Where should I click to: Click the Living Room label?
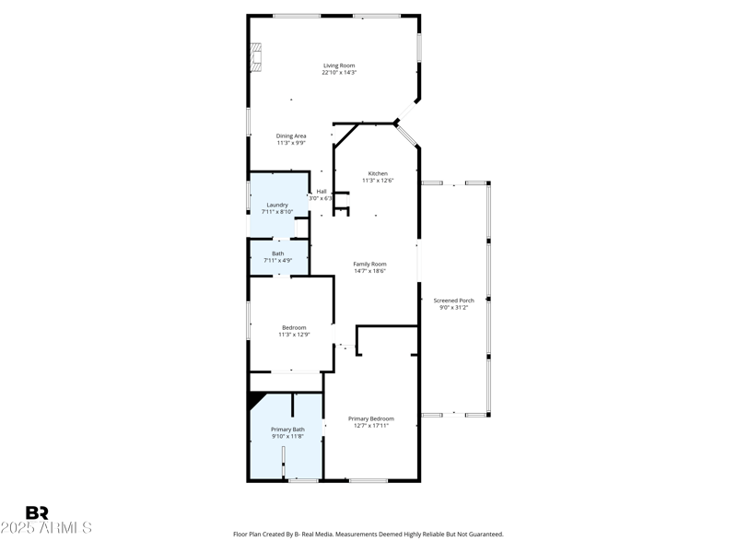click(338, 65)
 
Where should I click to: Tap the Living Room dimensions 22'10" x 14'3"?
click(338, 73)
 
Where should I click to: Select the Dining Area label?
click(291, 135)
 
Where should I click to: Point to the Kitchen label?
click(378, 173)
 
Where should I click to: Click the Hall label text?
click(321, 191)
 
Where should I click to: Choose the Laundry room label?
click(277, 205)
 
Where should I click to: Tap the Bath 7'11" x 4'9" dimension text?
click(277, 261)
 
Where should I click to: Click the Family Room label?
click(369, 264)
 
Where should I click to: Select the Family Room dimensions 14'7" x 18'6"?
click(369, 271)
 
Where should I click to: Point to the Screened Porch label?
click(453, 300)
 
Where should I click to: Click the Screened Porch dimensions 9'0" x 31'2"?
click(453, 307)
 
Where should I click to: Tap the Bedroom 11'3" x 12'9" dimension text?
click(294, 335)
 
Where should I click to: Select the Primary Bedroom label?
click(371, 418)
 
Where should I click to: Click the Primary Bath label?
click(287, 429)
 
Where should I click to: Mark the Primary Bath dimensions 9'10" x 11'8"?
click(287, 436)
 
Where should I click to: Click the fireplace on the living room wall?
click(256, 58)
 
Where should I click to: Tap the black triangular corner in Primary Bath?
click(253, 399)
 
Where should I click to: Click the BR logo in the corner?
click(37, 512)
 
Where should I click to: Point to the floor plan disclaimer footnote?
click(368, 534)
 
